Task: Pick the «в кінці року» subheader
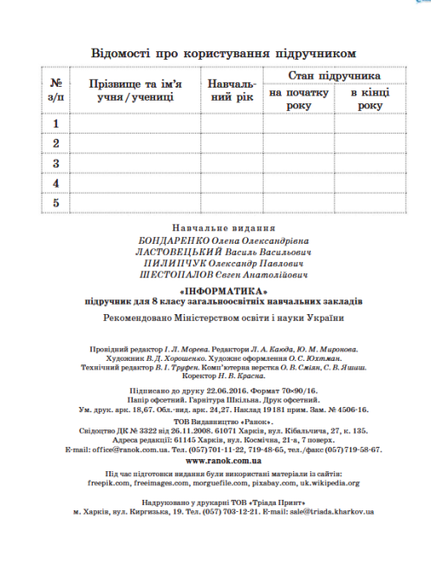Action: tap(369, 98)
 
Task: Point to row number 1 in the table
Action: tap(56, 124)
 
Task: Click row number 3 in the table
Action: tap(56, 164)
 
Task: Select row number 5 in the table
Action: tap(56, 203)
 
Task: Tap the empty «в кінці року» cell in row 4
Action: tap(369, 183)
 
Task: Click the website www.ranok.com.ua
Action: tap(219, 462)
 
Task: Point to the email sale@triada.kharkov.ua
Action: tap(330, 512)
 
